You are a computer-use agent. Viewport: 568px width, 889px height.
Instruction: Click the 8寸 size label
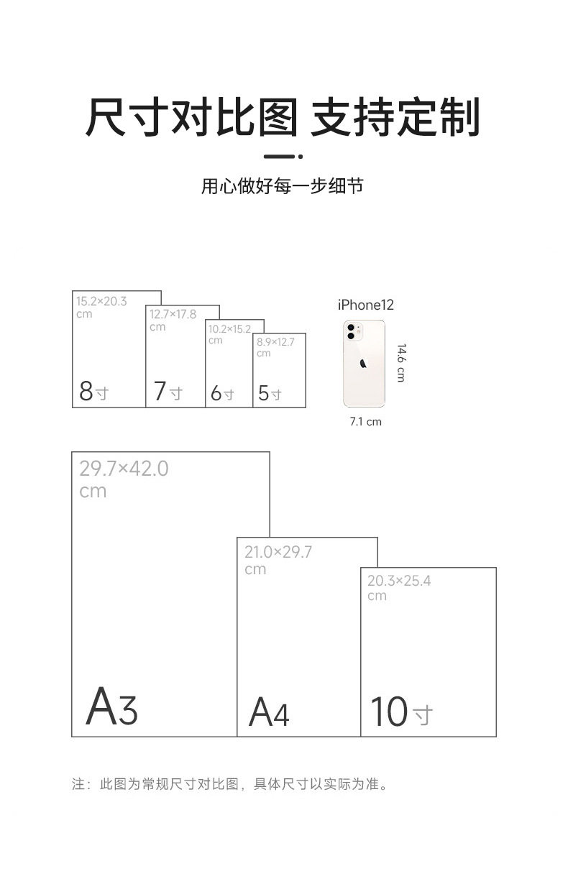point(93,392)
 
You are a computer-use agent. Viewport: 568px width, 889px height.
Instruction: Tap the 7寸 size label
point(168,392)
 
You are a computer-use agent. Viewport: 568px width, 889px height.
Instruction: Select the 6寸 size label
point(222,394)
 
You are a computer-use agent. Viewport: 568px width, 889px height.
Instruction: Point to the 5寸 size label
point(270,394)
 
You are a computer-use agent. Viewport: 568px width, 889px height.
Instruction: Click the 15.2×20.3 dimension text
point(101,301)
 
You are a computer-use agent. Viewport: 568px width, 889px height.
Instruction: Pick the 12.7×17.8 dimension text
point(173,314)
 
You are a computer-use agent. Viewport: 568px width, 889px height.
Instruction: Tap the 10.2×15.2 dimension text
point(229,329)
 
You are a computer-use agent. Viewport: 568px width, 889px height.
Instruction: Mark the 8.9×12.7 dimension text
point(275,342)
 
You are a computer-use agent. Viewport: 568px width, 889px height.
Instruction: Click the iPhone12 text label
point(366,305)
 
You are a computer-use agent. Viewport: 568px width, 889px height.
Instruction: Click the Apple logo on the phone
point(364,364)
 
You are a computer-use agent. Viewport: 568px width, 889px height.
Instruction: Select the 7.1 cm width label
point(365,422)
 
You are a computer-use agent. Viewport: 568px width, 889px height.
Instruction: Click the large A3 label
point(111,707)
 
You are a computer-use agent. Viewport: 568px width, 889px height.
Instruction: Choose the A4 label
point(269,713)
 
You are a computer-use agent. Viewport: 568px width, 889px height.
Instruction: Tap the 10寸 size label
point(401,711)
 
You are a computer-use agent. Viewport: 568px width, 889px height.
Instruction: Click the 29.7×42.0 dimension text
point(124,469)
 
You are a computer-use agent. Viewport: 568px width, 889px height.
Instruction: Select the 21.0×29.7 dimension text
point(278,552)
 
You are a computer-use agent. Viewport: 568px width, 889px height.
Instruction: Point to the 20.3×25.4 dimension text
point(399,581)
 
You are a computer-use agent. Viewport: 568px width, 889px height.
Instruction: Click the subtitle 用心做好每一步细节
point(282,187)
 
